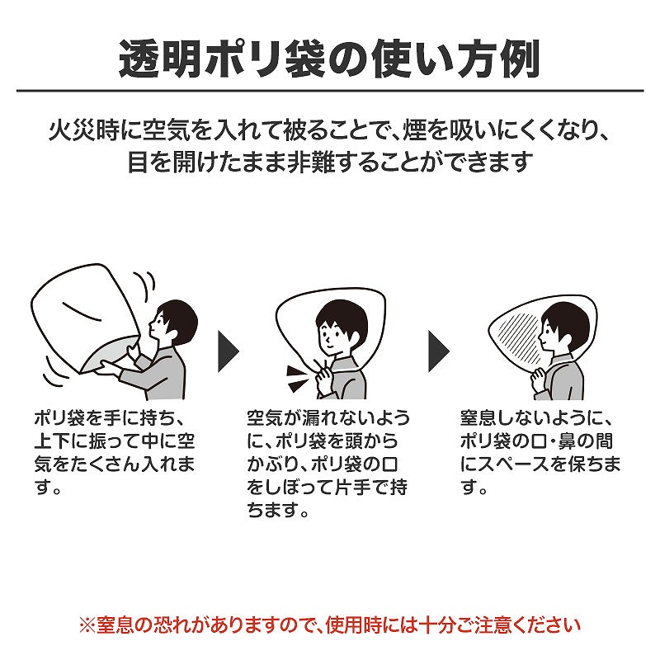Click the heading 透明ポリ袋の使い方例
(x=329, y=59)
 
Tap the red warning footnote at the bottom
(x=329, y=625)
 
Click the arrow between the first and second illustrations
(x=229, y=351)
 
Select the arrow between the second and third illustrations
(x=439, y=351)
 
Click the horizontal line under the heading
(x=330, y=91)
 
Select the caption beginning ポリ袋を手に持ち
(x=115, y=453)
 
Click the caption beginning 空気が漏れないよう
(x=328, y=464)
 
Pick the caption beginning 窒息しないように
(x=540, y=453)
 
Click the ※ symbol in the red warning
(x=87, y=625)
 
